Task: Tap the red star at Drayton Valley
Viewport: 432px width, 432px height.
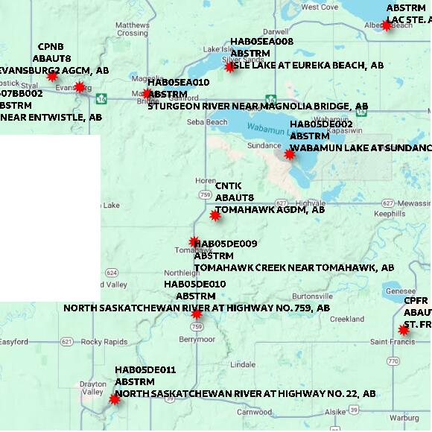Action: (x=114, y=399)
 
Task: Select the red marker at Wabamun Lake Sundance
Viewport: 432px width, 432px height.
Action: (x=289, y=154)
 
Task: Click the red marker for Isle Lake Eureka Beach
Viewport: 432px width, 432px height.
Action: (x=229, y=66)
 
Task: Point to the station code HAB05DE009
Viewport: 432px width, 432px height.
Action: (x=226, y=244)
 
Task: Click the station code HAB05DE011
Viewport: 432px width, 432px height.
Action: (x=145, y=369)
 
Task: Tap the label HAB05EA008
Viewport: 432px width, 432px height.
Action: (x=261, y=42)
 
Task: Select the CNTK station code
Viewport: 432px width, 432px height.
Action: (x=228, y=185)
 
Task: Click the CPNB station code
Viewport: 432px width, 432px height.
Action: (x=51, y=46)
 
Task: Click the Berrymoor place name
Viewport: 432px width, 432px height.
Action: (x=197, y=339)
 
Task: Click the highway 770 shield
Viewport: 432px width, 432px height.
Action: (x=393, y=360)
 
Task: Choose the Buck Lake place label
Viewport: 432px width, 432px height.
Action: (x=105, y=205)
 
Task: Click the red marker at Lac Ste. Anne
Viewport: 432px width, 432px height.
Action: (x=387, y=25)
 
